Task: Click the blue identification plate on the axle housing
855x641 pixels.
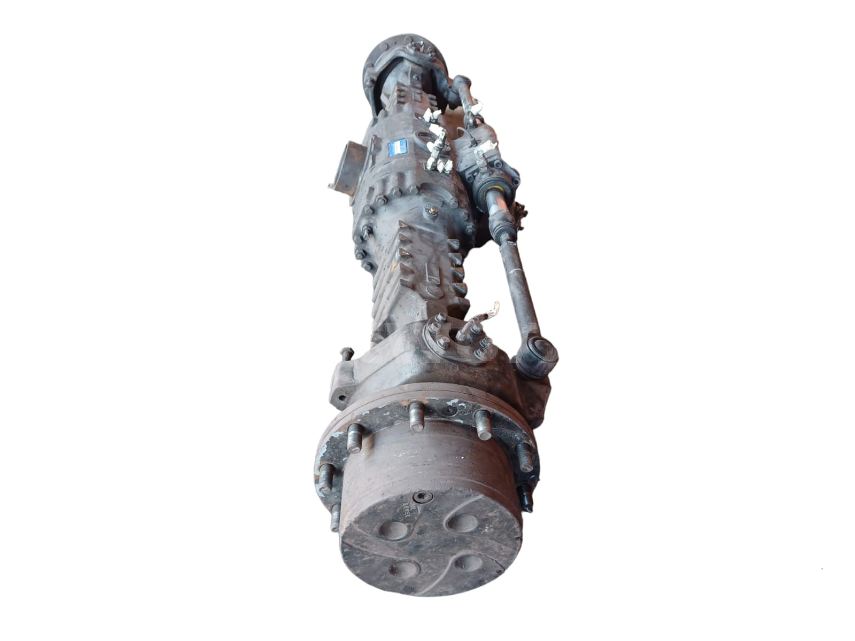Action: click(397, 147)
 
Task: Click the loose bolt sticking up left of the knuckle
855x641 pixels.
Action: click(346, 353)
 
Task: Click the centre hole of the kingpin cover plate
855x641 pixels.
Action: click(459, 337)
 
